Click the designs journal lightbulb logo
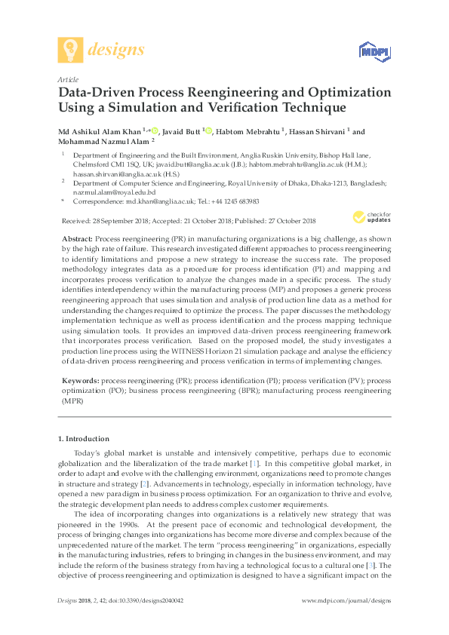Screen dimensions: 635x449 (71, 50)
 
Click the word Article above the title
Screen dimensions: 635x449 (68, 79)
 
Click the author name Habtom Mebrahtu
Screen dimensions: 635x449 (248, 131)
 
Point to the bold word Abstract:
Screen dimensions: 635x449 (78, 238)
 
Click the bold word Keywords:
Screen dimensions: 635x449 (79, 382)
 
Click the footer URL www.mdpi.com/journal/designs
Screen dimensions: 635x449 (346, 600)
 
